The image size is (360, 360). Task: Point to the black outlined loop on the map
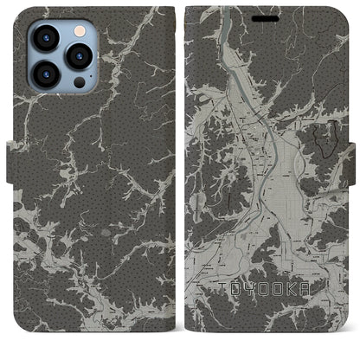point(326,138)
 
